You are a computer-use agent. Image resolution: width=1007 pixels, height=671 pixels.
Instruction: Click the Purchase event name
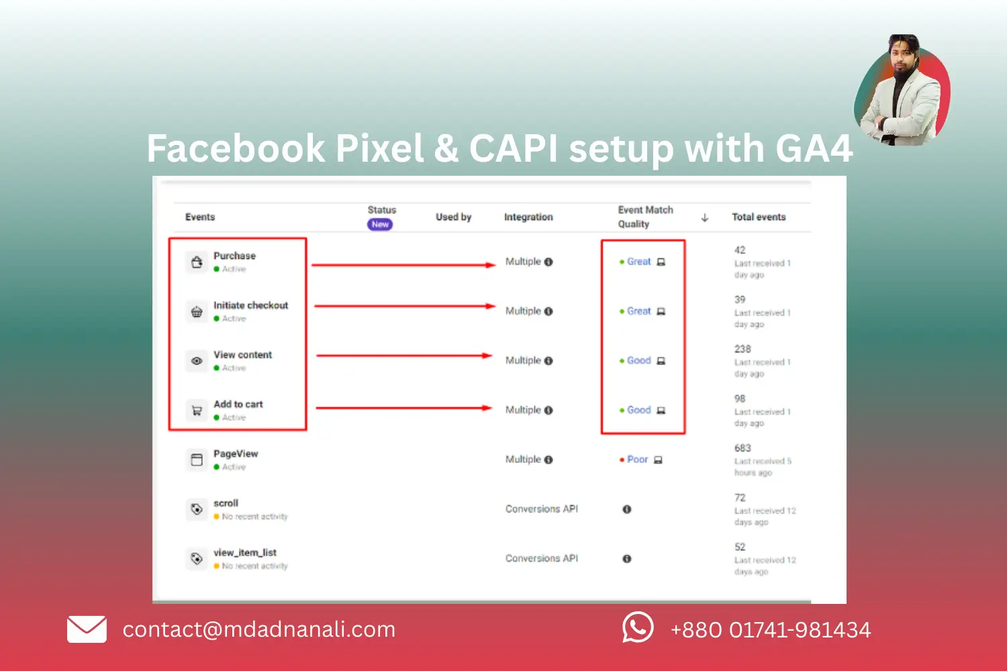[x=234, y=256]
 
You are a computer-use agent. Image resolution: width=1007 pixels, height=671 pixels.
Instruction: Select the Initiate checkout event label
[x=250, y=305]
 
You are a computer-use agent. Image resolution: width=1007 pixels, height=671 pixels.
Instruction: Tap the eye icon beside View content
[x=197, y=361]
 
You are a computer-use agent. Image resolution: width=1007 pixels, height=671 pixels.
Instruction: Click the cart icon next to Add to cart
[x=197, y=411]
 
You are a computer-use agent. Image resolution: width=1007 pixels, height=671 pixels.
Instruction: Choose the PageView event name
[x=236, y=454]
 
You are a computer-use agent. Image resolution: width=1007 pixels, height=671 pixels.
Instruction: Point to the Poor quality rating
[x=637, y=460]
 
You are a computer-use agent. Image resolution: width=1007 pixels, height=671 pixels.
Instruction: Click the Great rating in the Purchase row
[x=638, y=262]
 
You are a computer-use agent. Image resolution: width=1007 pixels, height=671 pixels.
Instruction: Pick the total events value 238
[x=742, y=349]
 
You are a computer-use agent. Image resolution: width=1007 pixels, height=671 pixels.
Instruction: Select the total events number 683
[x=742, y=448]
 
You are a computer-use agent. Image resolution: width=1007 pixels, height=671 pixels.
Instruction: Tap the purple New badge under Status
[x=380, y=225]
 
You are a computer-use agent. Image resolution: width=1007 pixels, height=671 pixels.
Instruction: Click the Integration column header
[x=528, y=217]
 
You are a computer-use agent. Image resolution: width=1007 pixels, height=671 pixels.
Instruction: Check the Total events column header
[x=759, y=217]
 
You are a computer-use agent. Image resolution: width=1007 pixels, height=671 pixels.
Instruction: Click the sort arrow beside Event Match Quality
[x=704, y=217]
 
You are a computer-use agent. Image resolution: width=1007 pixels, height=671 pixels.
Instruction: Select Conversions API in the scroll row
[x=541, y=509]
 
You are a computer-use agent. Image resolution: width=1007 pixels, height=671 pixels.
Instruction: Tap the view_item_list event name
[x=245, y=553]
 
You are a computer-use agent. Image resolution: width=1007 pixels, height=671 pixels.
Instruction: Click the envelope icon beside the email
[x=87, y=629]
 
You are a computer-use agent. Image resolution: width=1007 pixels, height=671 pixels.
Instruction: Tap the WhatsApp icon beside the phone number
[x=637, y=628]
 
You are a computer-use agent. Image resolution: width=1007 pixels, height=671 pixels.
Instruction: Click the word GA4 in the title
[x=814, y=148]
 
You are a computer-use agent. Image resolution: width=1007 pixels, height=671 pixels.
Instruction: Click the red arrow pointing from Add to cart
[x=403, y=408]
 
